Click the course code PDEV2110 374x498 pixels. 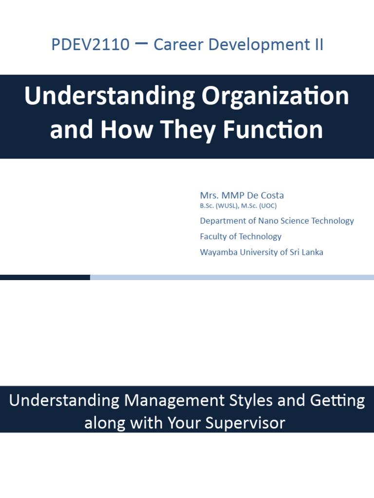click(x=90, y=45)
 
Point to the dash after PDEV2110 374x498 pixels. click(x=141, y=44)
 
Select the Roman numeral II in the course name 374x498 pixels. click(x=317, y=45)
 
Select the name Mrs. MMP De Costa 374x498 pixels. click(x=242, y=196)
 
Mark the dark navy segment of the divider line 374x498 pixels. click(x=45, y=277)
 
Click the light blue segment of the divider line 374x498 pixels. click(x=232, y=277)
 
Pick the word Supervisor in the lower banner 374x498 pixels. click(x=245, y=422)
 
